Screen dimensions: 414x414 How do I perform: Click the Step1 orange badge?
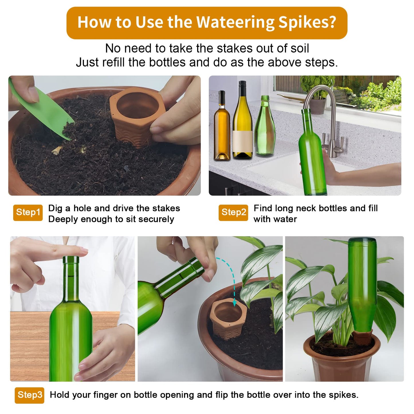point(28,213)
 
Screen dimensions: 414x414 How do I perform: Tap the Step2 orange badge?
point(233,213)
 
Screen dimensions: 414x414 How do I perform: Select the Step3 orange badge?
point(30,395)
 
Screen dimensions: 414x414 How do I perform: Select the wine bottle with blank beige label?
point(242,126)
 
